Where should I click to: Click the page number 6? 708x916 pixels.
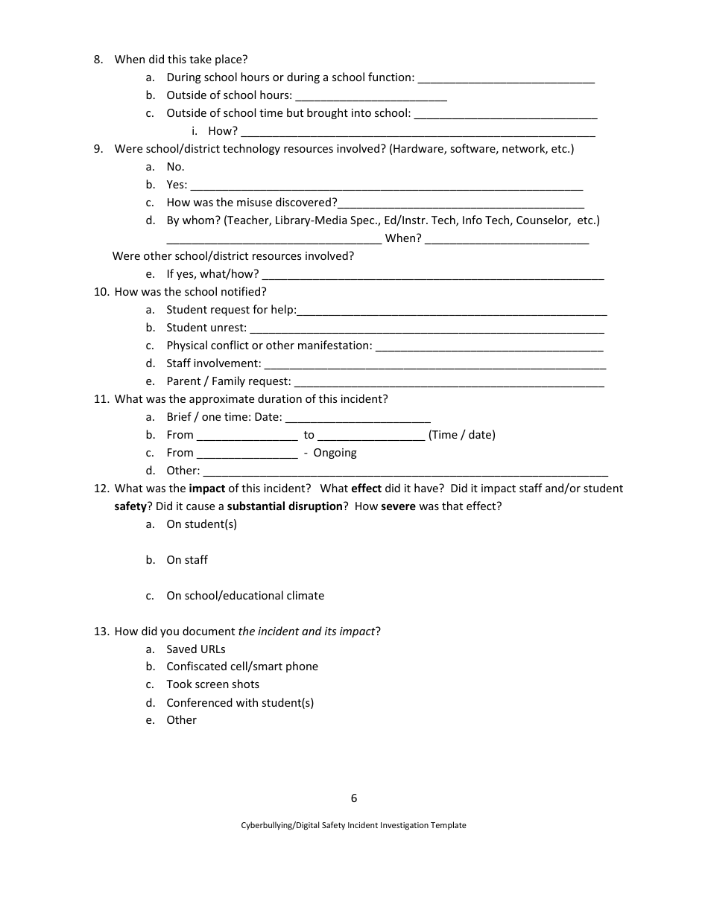[x=354, y=798]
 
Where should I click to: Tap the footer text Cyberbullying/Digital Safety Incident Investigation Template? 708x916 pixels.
[x=353, y=825]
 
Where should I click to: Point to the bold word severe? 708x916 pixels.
[x=398, y=506]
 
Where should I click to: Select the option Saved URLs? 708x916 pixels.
[x=195, y=649]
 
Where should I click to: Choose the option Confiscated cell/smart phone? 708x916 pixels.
[x=241, y=667]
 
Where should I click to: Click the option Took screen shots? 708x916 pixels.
[x=212, y=684]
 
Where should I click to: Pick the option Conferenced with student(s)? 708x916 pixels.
[x=240, y=703]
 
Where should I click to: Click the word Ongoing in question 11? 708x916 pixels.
[x=335, y=453]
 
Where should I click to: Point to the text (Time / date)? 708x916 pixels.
[x=461, y=435]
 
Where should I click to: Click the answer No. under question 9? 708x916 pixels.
[x=175, y=167]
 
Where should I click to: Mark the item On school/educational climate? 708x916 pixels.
[x=245, y=596]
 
